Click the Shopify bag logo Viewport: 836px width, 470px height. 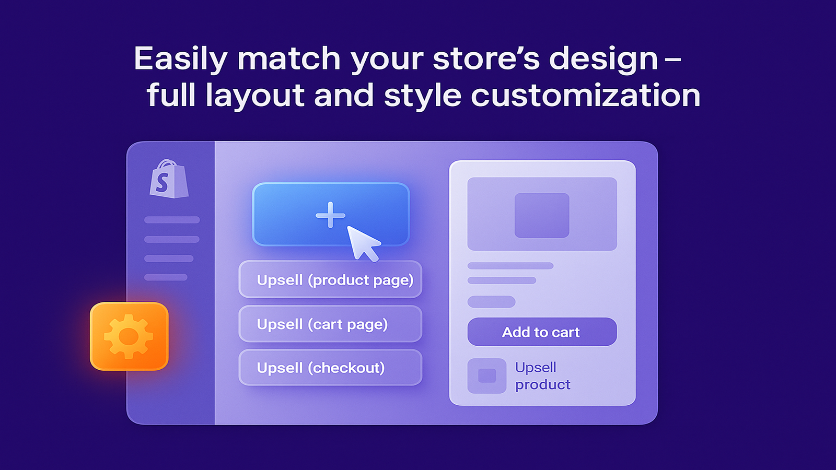coord(169,179)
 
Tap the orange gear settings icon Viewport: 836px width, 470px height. coord(129,336)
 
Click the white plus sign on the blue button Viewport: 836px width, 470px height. coord(330,215)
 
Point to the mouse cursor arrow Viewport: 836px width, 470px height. coord(363,242)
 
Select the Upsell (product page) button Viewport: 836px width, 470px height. coord(330,279)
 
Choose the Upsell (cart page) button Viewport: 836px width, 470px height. coord(330,324)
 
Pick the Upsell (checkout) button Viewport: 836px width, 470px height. coord(330,368)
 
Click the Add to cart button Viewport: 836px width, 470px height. coord(542,332)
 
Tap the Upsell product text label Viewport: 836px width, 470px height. coord(543,376)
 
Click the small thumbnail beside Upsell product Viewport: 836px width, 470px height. coord(486,375)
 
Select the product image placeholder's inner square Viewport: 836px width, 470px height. coord(542,215)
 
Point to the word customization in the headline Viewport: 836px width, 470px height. coord(586,95)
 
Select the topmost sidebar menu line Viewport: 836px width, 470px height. coord(172,220)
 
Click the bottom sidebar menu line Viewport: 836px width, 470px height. coord(166,277)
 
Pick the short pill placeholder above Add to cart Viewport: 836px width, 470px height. coord(491,301)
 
